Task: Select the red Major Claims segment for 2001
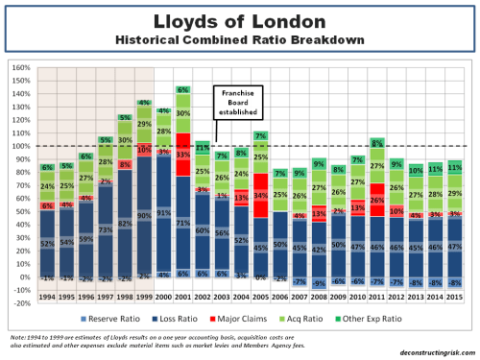coord(181,151)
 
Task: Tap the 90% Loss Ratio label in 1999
coord(142,216)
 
